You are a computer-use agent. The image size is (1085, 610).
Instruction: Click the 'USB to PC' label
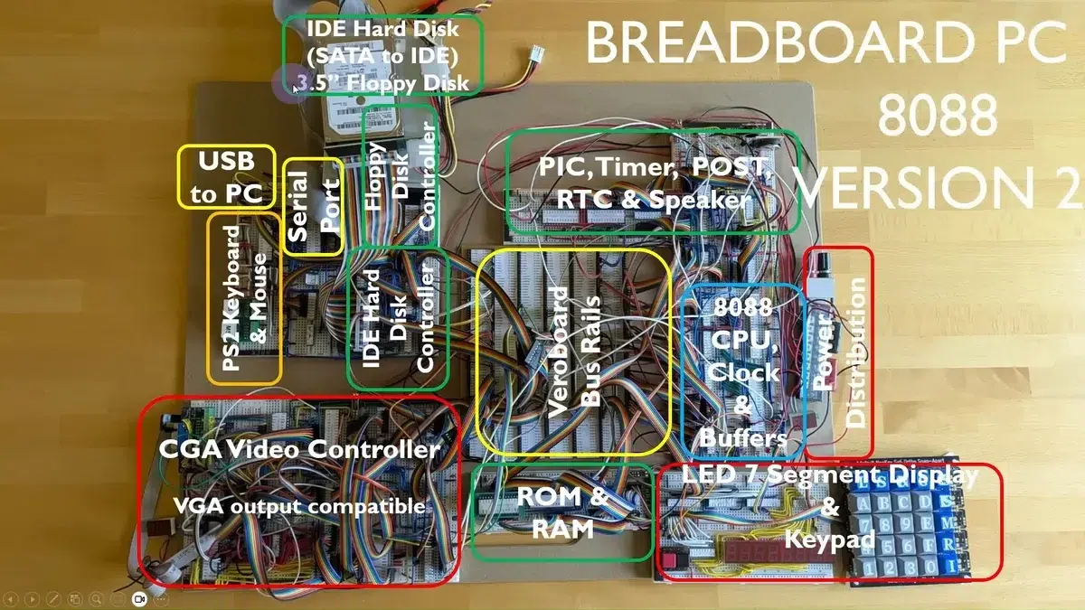[225, 177]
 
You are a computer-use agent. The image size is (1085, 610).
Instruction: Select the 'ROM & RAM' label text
[561, 511]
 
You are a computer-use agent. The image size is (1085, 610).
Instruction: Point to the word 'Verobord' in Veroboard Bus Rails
[559, 352]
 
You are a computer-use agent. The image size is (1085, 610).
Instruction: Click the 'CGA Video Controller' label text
[299, 449]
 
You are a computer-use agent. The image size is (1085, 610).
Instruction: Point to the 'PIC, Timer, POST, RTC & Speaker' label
[655, 183]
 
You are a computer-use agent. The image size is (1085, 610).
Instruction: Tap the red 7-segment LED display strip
[752, 551]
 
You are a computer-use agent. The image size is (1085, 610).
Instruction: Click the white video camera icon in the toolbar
[139, 599]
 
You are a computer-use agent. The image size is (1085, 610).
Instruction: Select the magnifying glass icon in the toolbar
[96, 599]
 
